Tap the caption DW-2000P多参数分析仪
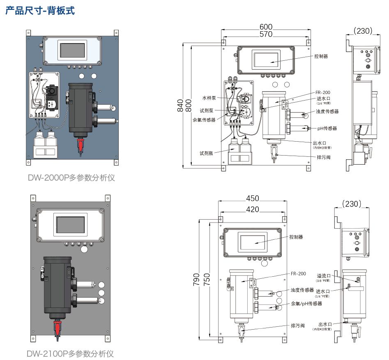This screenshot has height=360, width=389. click(x=71, y=178)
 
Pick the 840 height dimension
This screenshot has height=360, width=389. click(x=180, y=105)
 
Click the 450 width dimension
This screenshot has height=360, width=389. click(x=253, y=198)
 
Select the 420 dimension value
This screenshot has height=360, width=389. click(x=253, y=209)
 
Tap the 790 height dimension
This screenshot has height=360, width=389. click(x=196, y=279)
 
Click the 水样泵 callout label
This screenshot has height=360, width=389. click(x=209, y=98)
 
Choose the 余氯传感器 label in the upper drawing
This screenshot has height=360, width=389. click(x=204, y=120)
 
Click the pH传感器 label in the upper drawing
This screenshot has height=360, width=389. click(x=327, y=128)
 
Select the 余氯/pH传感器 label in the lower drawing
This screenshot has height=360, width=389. click(x=306, y=303)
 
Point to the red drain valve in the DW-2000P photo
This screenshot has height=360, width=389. click(x=81, y=145)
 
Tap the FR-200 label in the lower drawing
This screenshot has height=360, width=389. click(x=298, y=273)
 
